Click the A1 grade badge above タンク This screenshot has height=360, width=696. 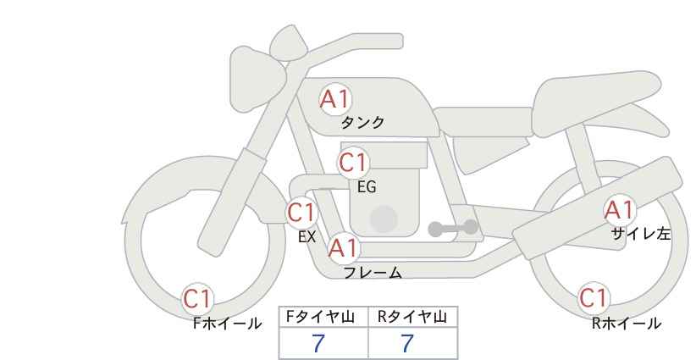click(335, 99)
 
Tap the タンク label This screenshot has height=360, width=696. click(362, 123)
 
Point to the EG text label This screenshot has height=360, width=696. click(367, 187)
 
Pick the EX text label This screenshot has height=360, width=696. click(307, 237)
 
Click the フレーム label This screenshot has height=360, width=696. click(373, 273)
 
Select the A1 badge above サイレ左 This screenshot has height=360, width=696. click(619, 210)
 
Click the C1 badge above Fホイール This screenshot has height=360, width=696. click(199, 298)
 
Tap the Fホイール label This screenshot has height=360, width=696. click(227, 324)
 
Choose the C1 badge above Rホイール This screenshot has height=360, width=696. click(594, 298)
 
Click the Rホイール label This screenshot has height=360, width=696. click(627, 324)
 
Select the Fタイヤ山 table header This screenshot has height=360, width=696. click(323, 317)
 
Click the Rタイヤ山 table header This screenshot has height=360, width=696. click(412, 317)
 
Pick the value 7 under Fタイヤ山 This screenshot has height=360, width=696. click(318, 343)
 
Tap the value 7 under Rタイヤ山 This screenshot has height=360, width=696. click(407, 343)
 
